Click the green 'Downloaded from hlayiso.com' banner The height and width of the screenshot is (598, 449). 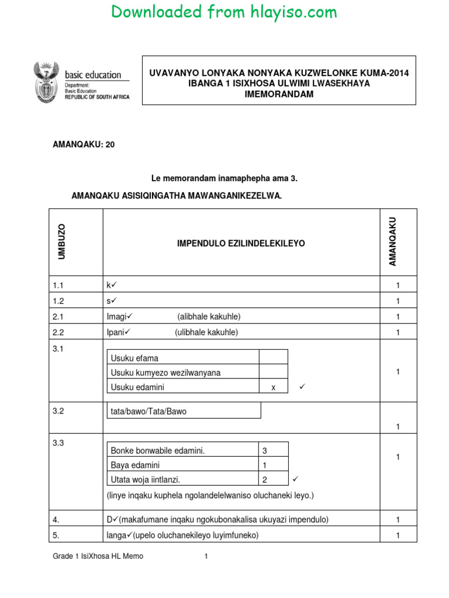(224, 12)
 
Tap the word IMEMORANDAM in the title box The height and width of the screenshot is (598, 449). (279, 95)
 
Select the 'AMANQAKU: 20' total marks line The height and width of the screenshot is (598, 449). (84, 144)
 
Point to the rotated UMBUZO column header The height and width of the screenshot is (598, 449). (63, 241)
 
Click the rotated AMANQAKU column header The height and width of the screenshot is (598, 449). (393, 241)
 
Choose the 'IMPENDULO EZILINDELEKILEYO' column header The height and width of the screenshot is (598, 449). (241, 243)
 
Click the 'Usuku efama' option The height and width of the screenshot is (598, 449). (134, 358)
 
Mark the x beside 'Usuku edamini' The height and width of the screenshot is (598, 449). (273, 387)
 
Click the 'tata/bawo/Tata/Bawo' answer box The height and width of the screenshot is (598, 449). (148, 411)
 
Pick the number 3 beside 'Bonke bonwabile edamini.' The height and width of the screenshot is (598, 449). (264, 450)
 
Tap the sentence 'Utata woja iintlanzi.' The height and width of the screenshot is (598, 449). (146, 479)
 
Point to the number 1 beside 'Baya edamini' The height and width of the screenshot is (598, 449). (264, 465)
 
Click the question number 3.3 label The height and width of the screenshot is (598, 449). (58, 443)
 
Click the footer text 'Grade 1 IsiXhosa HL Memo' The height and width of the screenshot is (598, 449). (98, 557)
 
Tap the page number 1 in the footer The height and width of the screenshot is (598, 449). (206, 557)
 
